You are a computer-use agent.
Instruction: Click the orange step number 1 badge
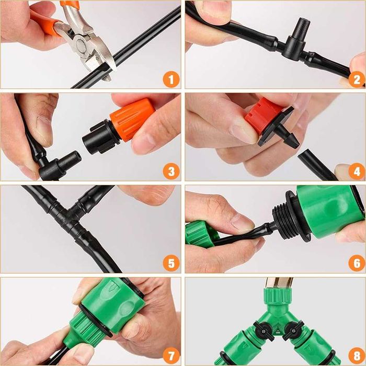click(x=171, y=79)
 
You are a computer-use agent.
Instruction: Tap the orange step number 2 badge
click(x=357, y=79)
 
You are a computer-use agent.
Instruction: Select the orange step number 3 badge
click(x=171, y=171)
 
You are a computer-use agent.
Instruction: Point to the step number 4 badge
click(x=357, y=171)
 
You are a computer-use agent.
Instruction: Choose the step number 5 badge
click(x=171, y=264)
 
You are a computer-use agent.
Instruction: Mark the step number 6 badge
click(x=357, y=264)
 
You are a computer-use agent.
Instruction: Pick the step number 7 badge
click(x=171, y=356)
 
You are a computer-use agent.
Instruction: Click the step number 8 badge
click(x=357, y=356)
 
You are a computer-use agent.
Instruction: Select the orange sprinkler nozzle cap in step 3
click(x=132, y=119)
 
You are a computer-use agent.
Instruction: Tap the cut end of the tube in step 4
click(x=302, y=156)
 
